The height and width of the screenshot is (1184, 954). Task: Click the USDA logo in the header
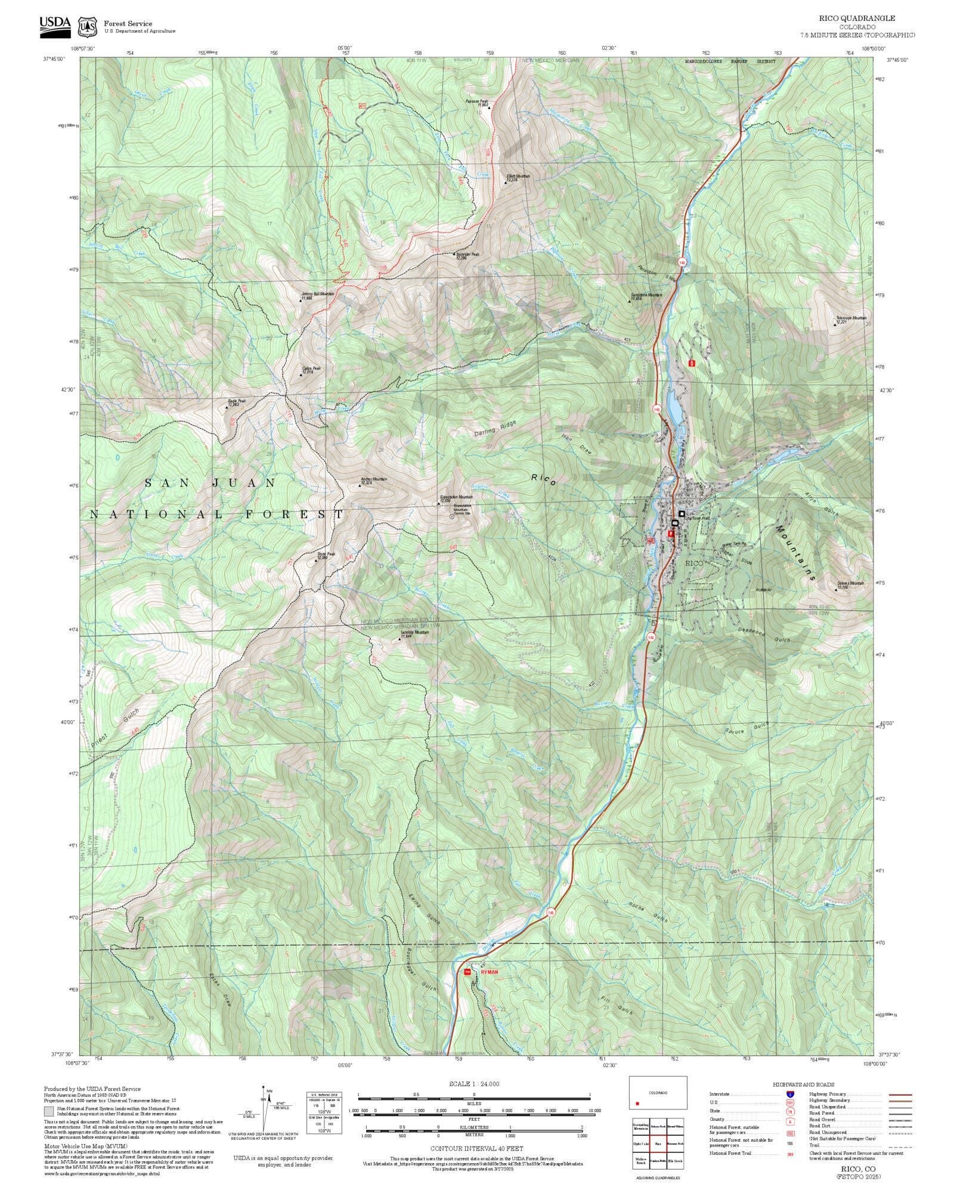[x=55, y=27]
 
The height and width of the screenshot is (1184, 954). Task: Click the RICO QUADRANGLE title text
[x=857, y=18]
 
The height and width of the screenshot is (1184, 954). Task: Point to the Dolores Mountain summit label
[x=850, y=585]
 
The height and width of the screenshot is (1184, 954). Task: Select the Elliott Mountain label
[x=518, y=178]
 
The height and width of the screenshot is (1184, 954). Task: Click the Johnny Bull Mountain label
[x=317, y=295]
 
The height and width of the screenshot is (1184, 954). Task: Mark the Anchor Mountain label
[x=374, y=481]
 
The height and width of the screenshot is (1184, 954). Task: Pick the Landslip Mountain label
[x=414, y=634]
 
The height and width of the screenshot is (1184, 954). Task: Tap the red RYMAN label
[x=489, y=972]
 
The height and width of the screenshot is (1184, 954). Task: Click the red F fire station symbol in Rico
[x=670, y=534]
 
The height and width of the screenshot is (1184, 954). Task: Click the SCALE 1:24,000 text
[x=474, y=1084]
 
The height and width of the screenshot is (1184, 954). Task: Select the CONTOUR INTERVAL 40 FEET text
[x=476, y=1148]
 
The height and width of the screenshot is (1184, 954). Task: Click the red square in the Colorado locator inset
[x=637, y=1104]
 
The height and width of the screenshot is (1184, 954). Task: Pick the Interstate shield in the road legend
[x=790, y=1095]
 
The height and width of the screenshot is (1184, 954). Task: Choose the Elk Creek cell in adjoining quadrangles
[x=675, y=1161]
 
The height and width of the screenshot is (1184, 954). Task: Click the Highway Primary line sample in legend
[x=899, y=1095]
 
